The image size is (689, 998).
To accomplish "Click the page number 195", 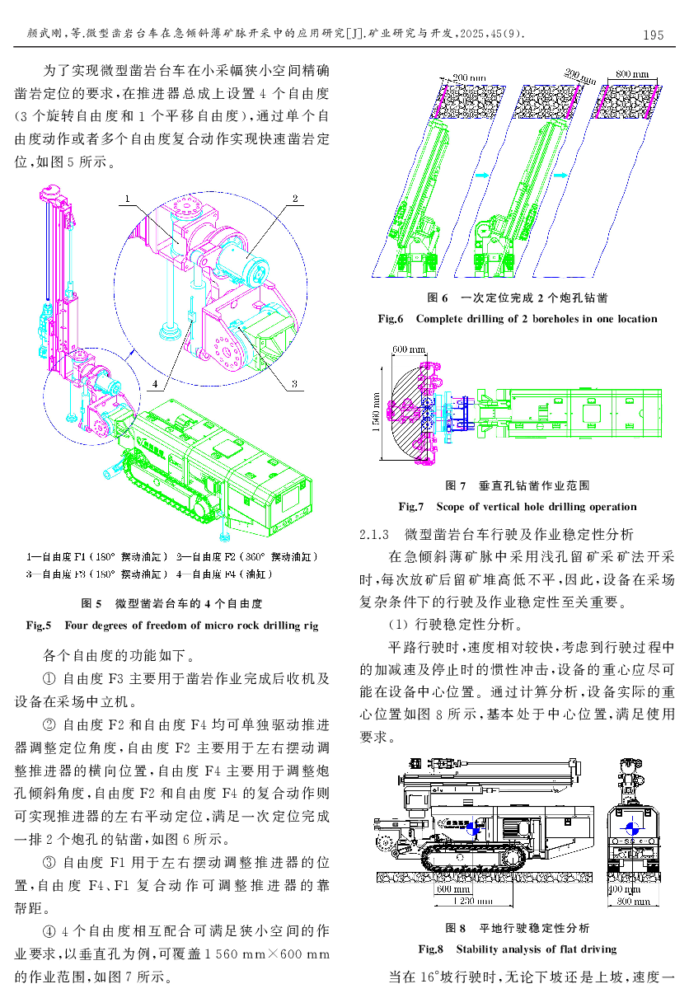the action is coord(653,35).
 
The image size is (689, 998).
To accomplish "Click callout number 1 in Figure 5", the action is coord(127,199).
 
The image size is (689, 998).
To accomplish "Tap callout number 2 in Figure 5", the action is coord(294,199).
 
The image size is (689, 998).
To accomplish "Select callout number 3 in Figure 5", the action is coord(294,383).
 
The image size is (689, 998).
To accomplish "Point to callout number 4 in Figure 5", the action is coord(155,383).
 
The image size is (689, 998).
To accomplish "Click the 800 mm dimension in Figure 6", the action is coord(632,74).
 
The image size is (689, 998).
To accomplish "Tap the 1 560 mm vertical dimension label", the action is coord(376,412).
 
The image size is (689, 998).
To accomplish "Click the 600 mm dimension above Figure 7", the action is coord(409,349).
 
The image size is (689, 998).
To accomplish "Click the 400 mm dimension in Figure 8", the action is coord(625,889).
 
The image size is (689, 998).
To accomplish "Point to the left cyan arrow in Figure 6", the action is coord(481,175).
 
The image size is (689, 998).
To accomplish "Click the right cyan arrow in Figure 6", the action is coord(560,175).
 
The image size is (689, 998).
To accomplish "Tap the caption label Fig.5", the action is coord(39,626).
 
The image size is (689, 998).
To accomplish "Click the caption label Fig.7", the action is coord(411,507).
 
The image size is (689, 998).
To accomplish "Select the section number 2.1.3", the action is coord(374,534).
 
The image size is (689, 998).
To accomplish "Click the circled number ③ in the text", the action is coord(49,862).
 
